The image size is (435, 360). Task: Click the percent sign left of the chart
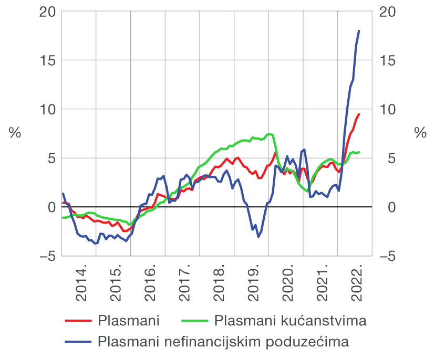[15, 133]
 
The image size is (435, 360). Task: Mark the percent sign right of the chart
[420, 133]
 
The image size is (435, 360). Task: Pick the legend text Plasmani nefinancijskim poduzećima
[223, 342]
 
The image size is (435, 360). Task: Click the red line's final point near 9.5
[359, 114]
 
